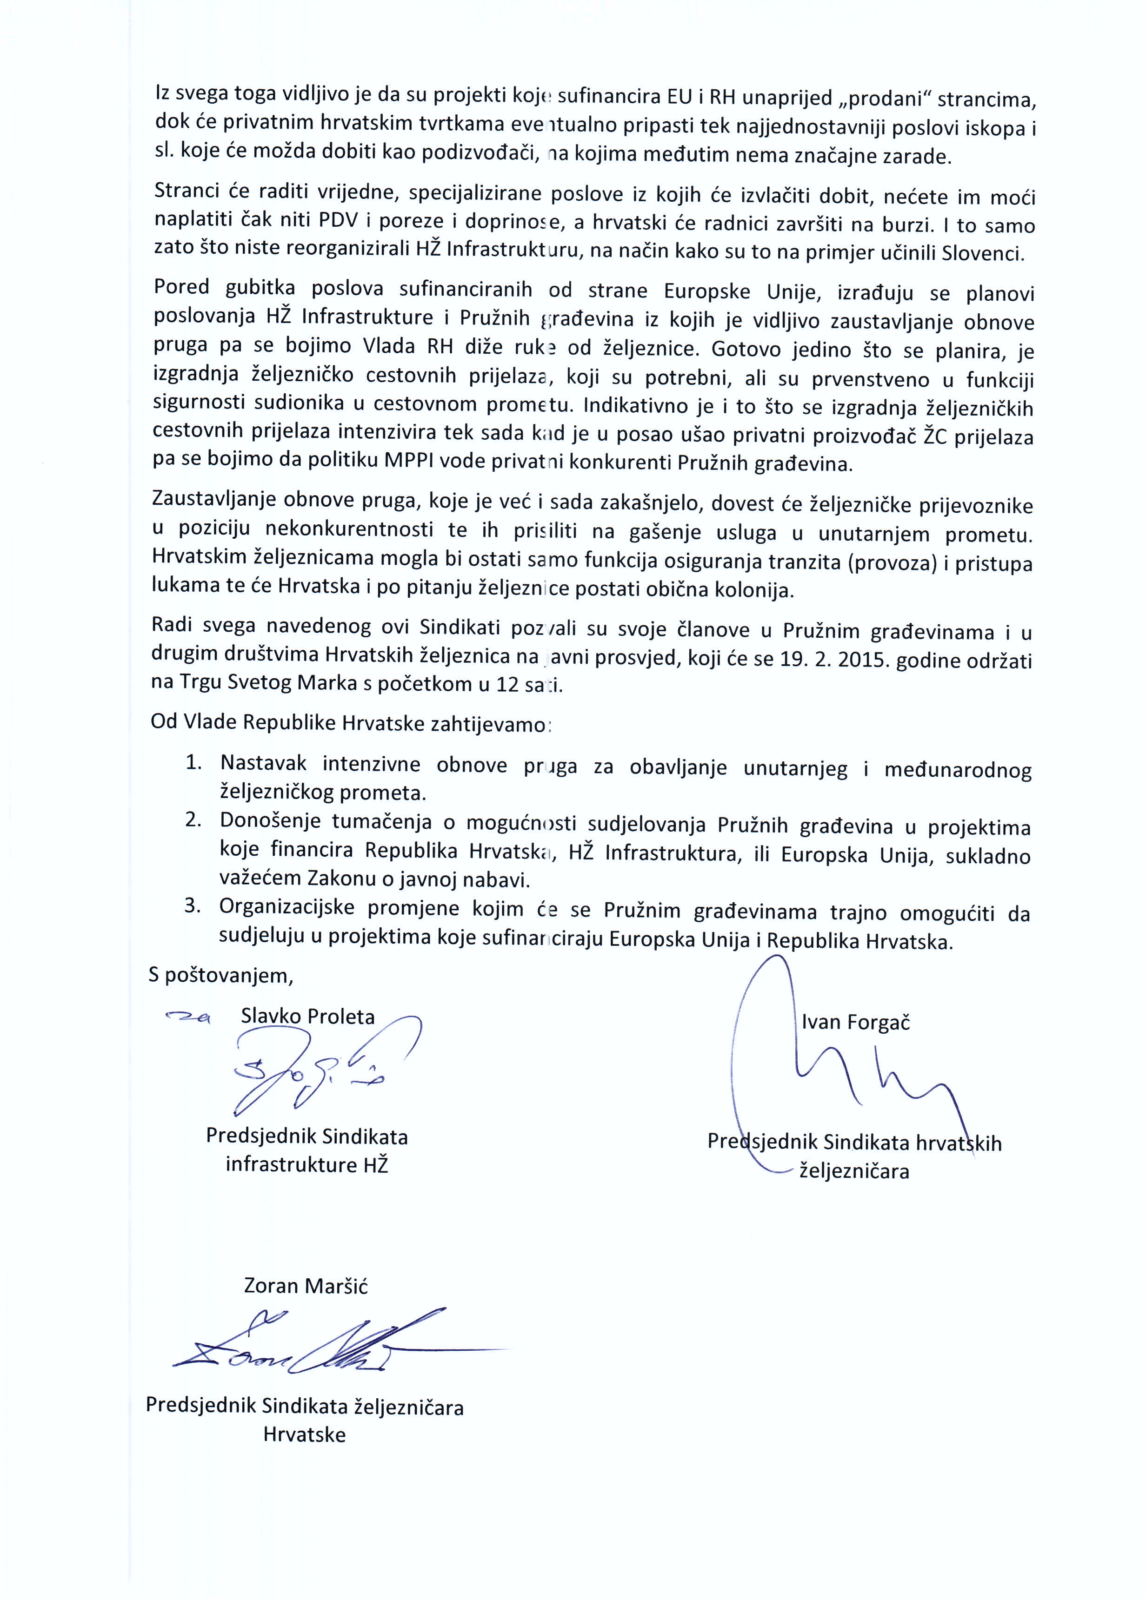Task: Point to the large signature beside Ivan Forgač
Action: (x=846, y=1071)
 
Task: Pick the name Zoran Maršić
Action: (x=306, y=1285)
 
